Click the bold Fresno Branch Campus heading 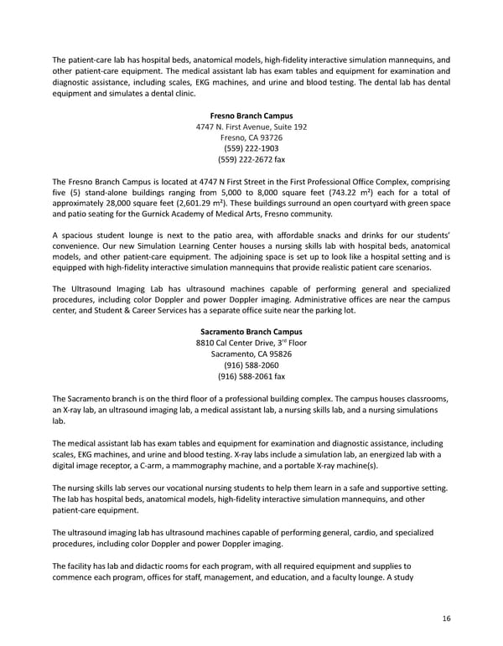(x=251, y=114)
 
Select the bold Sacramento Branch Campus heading (x=251, y=332)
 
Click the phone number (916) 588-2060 (x=251, y=365)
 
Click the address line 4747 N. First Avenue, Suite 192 (x=251, y=126)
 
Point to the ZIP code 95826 (x=274, y=354)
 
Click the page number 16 (x=445, y=618)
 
